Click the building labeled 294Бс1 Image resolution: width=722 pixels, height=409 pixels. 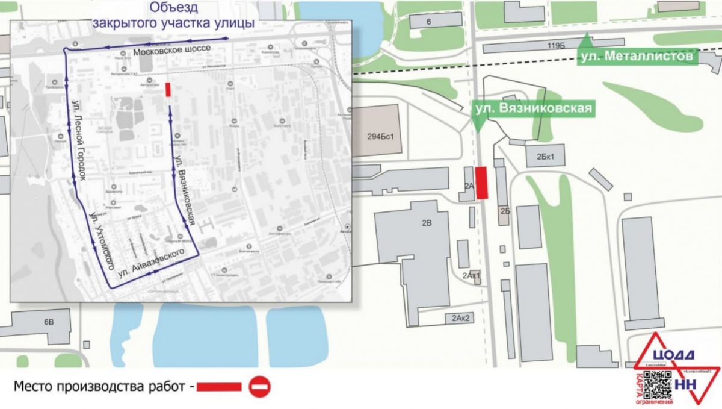click(380, 136)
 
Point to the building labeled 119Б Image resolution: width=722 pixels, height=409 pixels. click(554, 46)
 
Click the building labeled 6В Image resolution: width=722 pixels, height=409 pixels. click(48, 323)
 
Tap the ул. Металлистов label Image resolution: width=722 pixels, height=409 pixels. click(636, 57)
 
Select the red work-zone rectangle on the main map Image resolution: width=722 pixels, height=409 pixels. click(481, 183)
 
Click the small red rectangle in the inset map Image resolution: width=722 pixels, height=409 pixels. click(168, 90)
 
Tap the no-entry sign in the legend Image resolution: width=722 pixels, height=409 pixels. click(260, 387)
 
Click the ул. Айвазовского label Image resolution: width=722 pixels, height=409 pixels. click(150, 263)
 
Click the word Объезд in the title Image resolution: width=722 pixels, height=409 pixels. click(174, 8)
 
